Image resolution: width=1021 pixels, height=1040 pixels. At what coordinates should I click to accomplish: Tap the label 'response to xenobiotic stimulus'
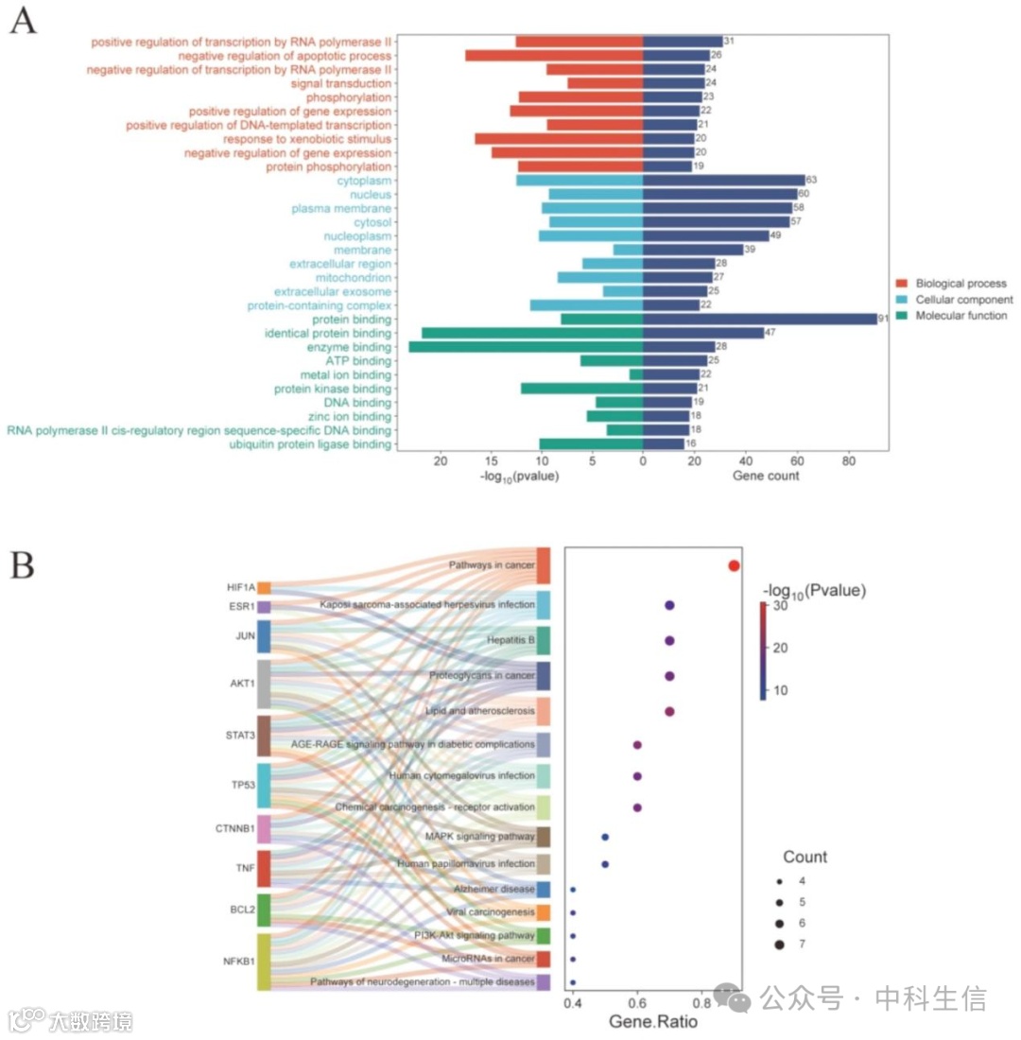[x=307, y=138]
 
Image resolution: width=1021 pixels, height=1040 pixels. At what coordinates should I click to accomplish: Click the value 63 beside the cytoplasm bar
[x=811, y=180]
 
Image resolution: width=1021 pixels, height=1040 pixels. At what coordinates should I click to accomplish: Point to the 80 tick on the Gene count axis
[x=848, y=461]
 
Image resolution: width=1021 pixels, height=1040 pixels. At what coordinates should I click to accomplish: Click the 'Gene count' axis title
[x=766, y=477]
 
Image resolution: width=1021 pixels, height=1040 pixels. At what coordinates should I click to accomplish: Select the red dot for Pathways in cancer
[x=734, y=565]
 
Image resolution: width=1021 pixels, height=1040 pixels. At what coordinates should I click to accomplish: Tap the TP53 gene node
[x=264, y=785]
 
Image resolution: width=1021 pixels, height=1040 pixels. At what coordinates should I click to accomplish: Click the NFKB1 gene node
[x=264, y=962]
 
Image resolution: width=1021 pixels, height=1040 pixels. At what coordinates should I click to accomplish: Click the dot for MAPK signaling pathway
[x=605, y=837]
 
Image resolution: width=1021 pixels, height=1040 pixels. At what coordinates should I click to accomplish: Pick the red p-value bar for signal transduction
[x=604, y=83]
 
